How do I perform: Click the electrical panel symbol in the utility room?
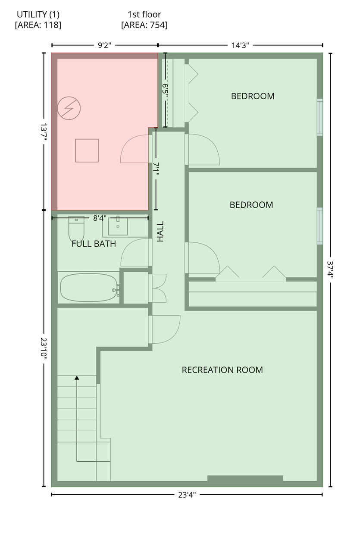pyautogui.click(x=69, y=108)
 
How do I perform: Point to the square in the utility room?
pyautogui.click(x=87, y=151)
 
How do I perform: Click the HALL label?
pyautogui.click(x=160, y=232)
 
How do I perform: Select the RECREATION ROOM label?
pyautogui.click(x=222, y=370)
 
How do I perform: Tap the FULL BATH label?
pyautogui.click(x=94, y=244)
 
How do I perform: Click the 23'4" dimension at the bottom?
pyautogui.click(x=187, y=495)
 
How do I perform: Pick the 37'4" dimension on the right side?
pyautogui.click(x=330, y=270)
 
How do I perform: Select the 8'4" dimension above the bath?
pyautogui.click(x=100, y=218)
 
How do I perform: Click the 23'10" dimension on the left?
pyautogui.click(x=44, y=348)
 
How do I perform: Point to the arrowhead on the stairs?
pyautogui.click(x=77, y=378)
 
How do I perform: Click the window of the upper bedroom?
pyautogui.click(x=320, y=117)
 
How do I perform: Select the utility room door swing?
pyautogui.click(x=135, y=149)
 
